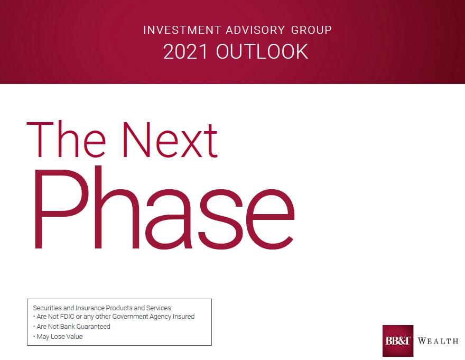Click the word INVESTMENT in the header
pos(182,30)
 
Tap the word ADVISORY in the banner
pos(255,30)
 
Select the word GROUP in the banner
pos(311,30)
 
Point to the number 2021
pos(185,52)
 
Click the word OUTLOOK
pos(262,52)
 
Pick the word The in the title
pos(66,139)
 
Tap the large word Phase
pos(164,208)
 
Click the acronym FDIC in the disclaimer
pos(67,316)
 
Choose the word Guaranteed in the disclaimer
pos(94,327)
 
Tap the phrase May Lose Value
pos(60,337)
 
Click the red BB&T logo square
pos(398,341)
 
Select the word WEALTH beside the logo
pos(438,341)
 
